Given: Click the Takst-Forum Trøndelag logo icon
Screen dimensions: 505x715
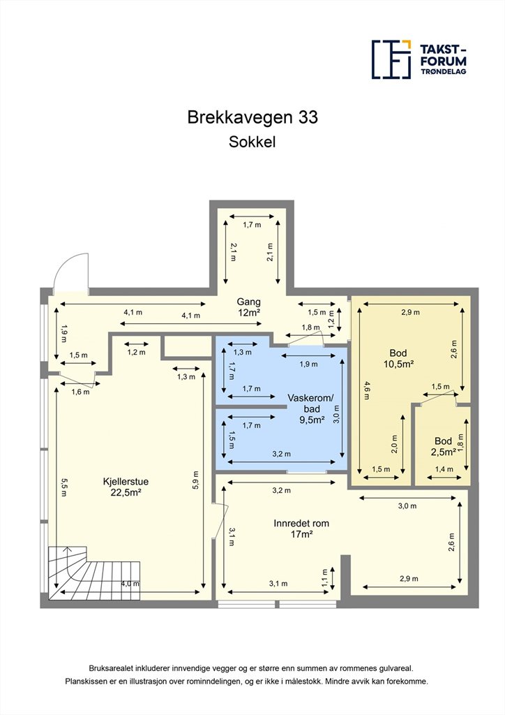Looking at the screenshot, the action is pos(391,59).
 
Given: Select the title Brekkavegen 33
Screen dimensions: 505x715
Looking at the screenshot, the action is pos(252,117).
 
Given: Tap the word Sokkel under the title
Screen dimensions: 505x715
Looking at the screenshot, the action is pos(252,142).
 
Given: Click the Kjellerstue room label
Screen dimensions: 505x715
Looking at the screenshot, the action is pos(126,482).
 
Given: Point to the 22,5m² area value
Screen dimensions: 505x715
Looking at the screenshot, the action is pos(126,492).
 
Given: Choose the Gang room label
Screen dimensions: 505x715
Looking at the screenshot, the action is pos(248,302).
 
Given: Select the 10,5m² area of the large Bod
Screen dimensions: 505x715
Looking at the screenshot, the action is pos(398,364).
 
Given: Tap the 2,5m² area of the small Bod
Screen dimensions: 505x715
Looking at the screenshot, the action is pos(444,452).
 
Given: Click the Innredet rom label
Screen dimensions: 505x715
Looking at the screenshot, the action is pos(301,524).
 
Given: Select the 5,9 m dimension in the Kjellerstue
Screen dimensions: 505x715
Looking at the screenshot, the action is pos(196,480).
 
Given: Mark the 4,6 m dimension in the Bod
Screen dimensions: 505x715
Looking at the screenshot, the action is pos(367,390).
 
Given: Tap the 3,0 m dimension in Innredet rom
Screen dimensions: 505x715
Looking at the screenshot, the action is pos(407,506).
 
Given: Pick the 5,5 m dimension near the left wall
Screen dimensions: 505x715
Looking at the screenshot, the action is pos(63,487).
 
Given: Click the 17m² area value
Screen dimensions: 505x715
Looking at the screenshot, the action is pos(301,534).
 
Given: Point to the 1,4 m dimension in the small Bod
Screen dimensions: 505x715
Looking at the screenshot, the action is pos(444,469).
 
